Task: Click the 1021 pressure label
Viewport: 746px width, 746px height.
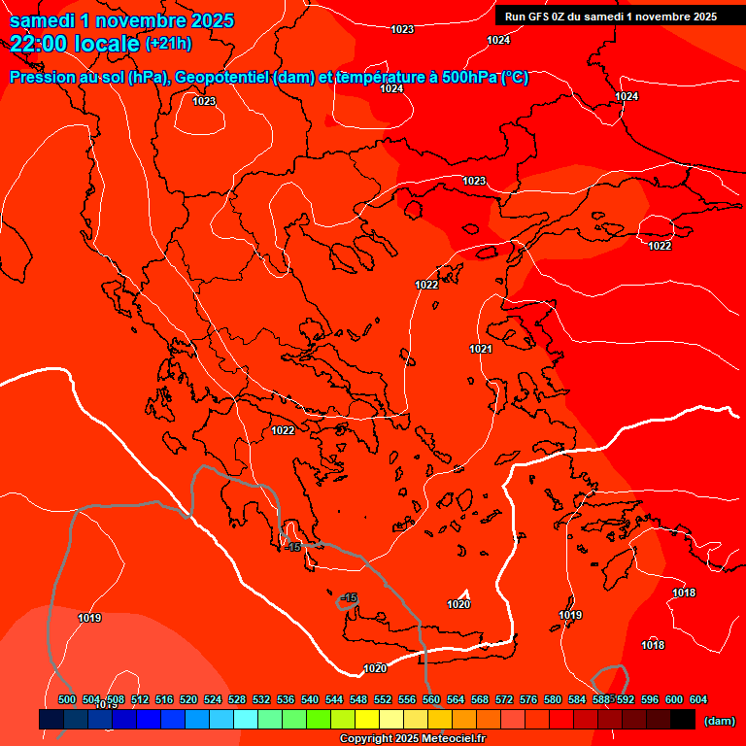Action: [x=481, y=349]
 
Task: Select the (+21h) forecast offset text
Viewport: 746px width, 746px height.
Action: [x=168, y=44]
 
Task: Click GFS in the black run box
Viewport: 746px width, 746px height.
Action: [x=537, y=17]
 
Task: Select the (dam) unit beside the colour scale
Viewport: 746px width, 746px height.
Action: [x=719, y=721]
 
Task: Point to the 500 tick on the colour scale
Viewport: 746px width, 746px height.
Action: [x=67, y=699]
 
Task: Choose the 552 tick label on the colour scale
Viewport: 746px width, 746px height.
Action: [x=383, y=699]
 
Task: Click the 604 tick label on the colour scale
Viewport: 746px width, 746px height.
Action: [x=698, y=699]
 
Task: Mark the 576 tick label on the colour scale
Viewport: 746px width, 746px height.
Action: [x=528, y=699]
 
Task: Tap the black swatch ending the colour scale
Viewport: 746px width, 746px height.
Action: [x=683, y=720]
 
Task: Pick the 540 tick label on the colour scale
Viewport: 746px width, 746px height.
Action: [x=310, y=699]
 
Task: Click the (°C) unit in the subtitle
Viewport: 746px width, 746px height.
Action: [x=514, y=78]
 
